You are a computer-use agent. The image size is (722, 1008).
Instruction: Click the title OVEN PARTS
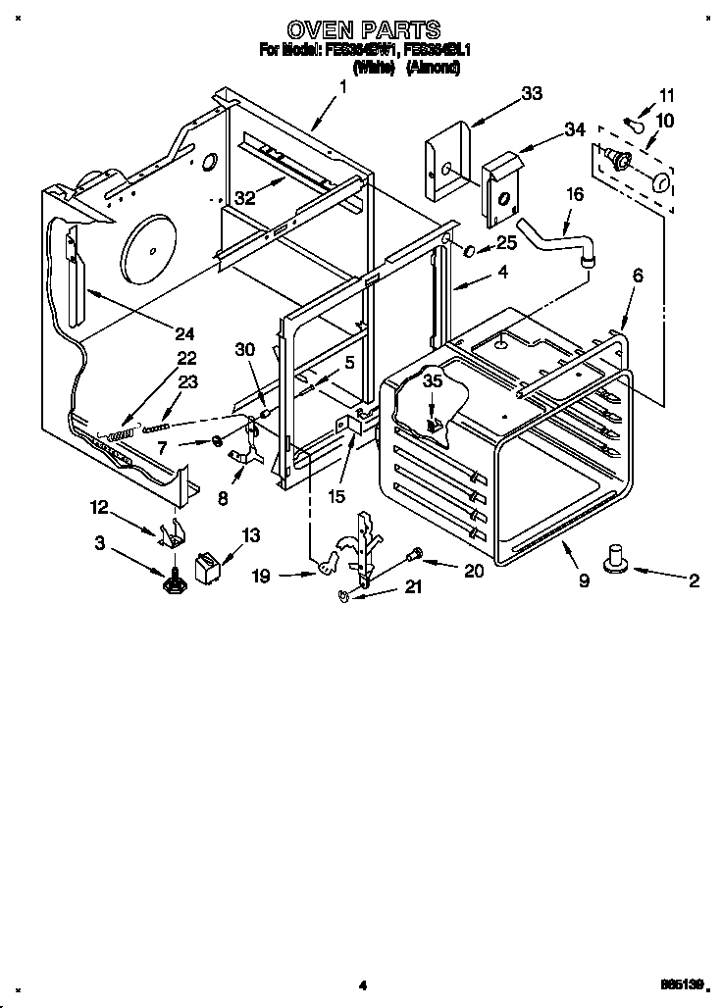point(362,30)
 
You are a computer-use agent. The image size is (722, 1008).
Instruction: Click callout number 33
point(531,93)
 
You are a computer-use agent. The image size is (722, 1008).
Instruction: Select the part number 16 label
point(574,194)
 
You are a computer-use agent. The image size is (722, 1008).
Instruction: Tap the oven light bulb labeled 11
point(636,124)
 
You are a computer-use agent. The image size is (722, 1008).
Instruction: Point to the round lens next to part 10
point(661,182)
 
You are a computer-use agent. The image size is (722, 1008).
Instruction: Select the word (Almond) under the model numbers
point(433,69)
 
